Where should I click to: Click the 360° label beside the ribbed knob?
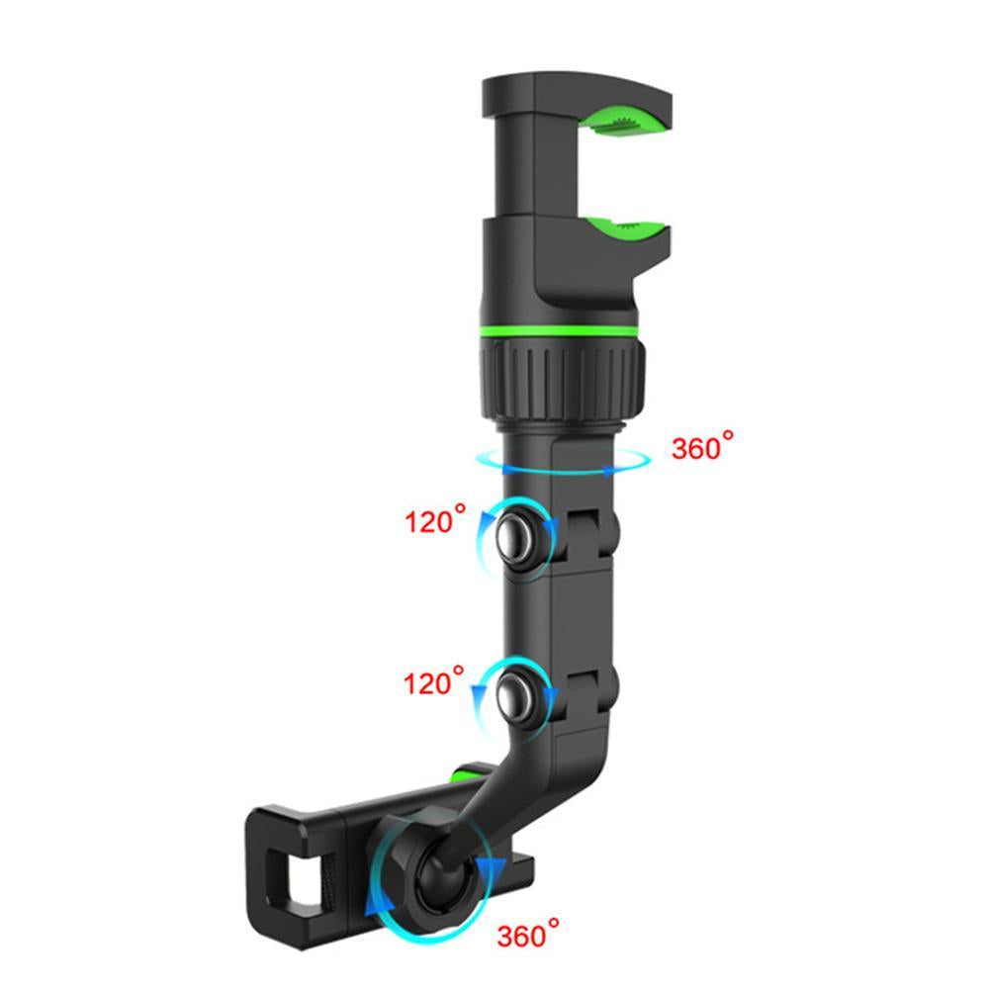tap(703, 447)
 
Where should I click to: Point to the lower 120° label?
tap(434, 681)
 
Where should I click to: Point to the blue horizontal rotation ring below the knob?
tap(562, 461)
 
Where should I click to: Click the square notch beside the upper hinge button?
tap(592, 525)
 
